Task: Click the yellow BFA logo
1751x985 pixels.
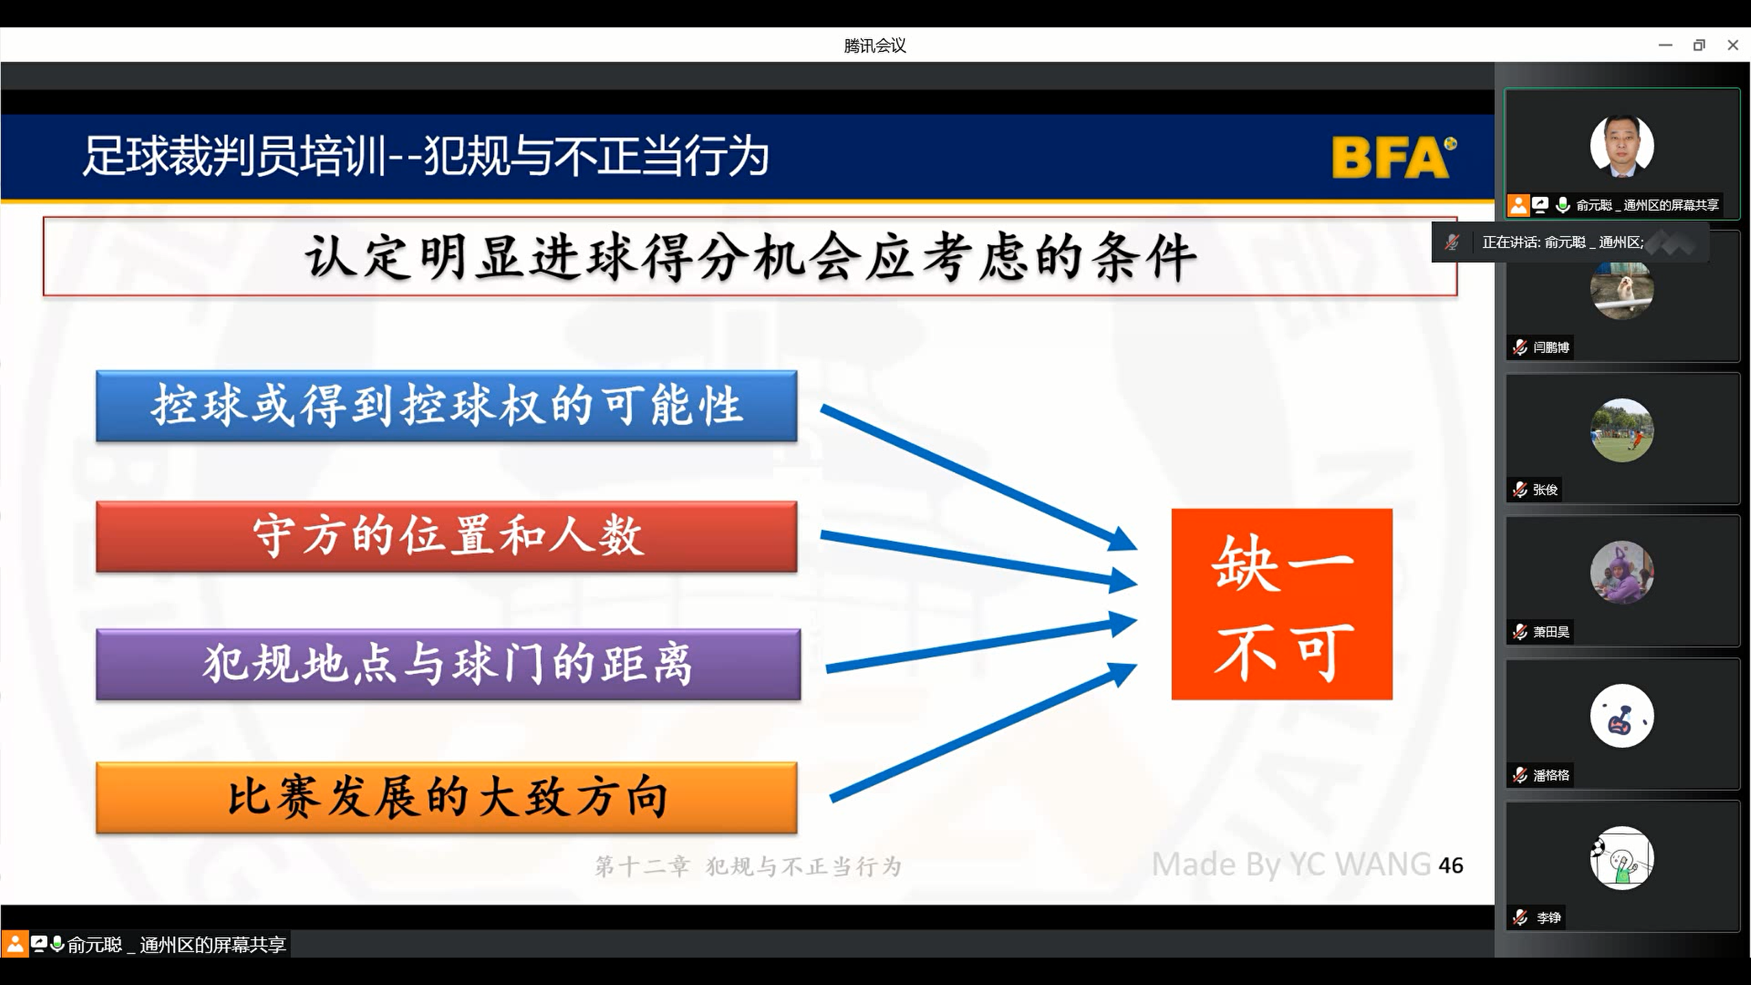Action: point(1394,157)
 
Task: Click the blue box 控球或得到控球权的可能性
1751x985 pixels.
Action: point(447,406)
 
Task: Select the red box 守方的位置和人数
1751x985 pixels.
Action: point(447,536)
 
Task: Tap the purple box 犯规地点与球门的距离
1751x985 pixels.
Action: point(448,664)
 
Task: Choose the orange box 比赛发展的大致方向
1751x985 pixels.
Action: point(447,798)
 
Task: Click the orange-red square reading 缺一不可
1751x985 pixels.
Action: point(1282,604)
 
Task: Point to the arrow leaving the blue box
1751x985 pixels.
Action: point(979,478)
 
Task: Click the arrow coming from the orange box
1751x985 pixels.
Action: point(983,732)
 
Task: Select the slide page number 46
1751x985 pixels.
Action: point(1451,865)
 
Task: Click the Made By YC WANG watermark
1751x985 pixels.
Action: point(1291,864)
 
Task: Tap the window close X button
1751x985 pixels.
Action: point(1733,45)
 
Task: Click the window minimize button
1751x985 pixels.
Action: point(1666,45)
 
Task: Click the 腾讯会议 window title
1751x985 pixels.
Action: point(875,46)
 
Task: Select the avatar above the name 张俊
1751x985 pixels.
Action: point(1622,430)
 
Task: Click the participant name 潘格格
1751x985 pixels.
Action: point(1551,775)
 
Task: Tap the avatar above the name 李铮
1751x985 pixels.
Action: point(1622,858)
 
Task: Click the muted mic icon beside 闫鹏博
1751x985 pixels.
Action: point(1520,347)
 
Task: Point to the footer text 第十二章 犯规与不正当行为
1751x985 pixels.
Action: point(748,867)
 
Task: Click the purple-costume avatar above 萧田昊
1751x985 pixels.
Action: point(1622,573)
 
